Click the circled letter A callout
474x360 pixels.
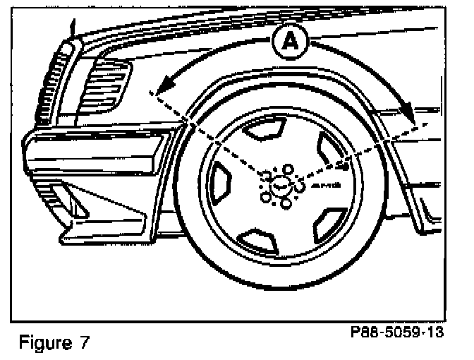click(288, 43)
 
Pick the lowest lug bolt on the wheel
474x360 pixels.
click(284, 204)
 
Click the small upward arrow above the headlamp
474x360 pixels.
click(72, 28)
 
